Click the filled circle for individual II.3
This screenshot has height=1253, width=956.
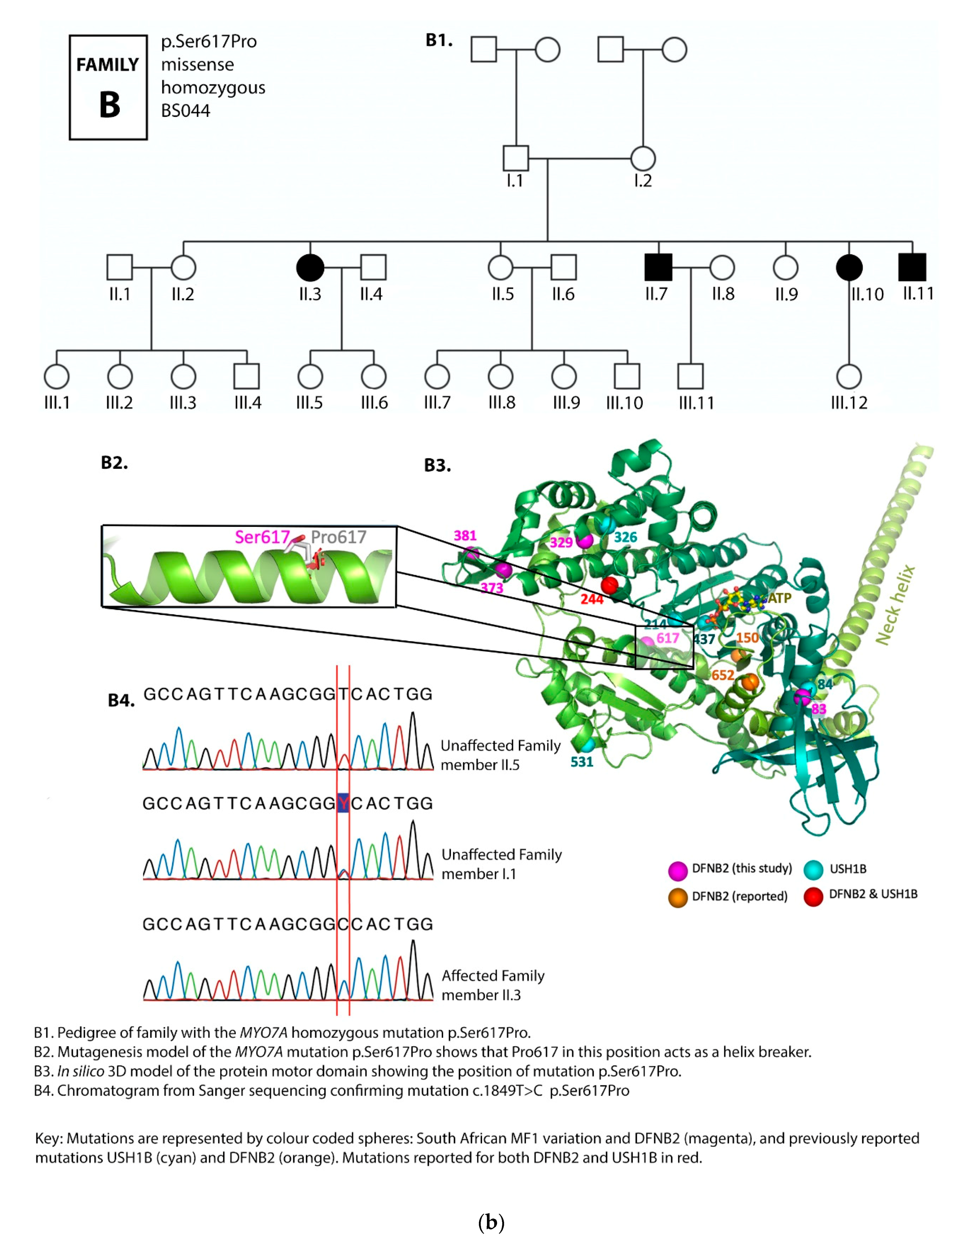(310, 267)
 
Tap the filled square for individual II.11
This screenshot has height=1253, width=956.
(912, 267)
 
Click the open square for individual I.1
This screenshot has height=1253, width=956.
(515, 158)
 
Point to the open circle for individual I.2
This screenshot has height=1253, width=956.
(643, 158)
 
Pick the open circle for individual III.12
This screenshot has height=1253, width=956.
(849, 377)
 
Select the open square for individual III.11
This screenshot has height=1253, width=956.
(690, 377)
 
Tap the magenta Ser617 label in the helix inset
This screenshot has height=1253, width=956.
(262, 537)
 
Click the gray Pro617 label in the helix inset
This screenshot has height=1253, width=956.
(339, 537)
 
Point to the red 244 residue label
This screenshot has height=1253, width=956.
(592, 599)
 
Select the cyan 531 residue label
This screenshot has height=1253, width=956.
(582, 761)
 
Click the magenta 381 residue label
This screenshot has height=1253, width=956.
(465, 536)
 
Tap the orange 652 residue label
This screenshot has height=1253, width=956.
(723, 675)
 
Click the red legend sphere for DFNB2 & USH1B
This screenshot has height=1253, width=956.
(813, 896)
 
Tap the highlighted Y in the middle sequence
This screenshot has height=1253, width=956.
(343, 803)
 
